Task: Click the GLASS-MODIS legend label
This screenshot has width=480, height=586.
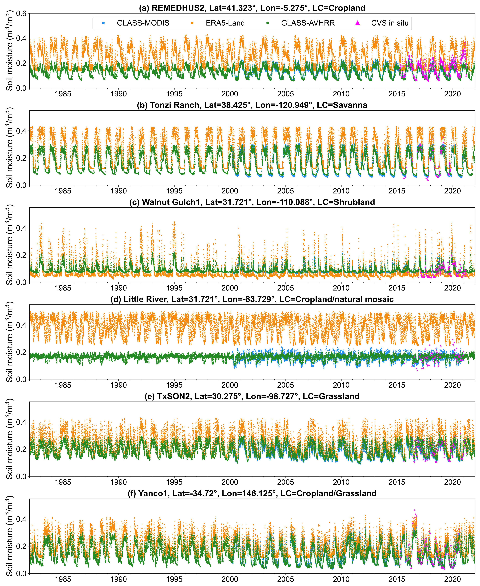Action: (143, 23)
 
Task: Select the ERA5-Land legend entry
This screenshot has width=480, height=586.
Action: (225, 23)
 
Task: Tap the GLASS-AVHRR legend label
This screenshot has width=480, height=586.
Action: (308, 23)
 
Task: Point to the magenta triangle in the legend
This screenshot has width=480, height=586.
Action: (358, 23)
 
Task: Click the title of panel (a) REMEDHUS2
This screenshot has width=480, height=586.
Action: (252, 8)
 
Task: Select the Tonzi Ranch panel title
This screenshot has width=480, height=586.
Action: (252, 105)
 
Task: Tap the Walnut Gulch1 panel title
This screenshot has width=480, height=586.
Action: (252, 202)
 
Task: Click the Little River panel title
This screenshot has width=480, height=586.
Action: (252, 299)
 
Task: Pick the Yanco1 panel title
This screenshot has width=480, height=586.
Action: (252, 493)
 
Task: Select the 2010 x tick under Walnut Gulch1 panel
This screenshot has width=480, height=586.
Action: (341, 288)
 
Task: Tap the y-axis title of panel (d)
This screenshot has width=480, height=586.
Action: (9, 342)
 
